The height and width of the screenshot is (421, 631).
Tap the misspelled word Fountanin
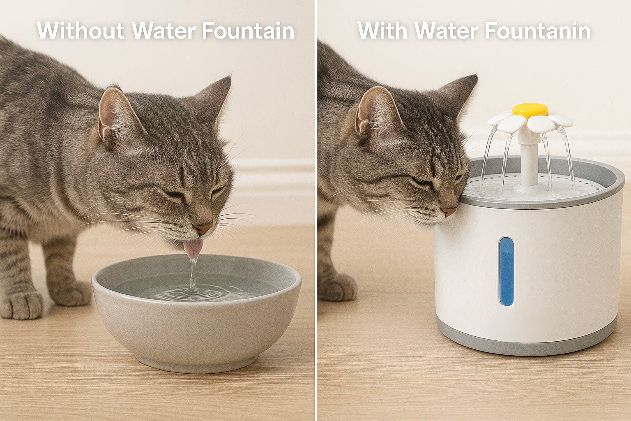(x=537, y=30)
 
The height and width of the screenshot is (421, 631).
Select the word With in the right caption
(x=382, y=30)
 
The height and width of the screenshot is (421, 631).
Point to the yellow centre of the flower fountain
(x=530, y=110)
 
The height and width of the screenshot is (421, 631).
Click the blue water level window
(x=506, y=271)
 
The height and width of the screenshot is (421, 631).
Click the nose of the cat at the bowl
(x=205, y=227)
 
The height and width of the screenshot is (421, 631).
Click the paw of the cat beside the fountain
(x=338, y=286)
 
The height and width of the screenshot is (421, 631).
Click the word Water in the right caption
(x=445, y=30)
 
